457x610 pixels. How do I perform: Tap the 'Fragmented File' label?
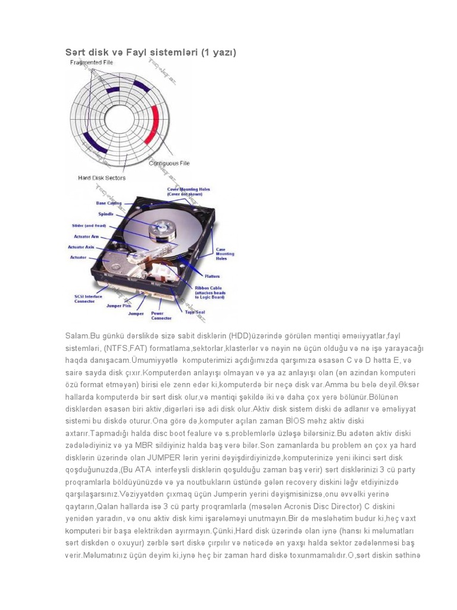click(92, 62)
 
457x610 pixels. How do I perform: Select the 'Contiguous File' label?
click(169, 163)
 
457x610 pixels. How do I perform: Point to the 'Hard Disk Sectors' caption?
click(102, 178)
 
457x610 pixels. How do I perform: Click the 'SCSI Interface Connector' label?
click(89, 298)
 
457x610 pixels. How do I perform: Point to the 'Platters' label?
click(212, 276)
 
